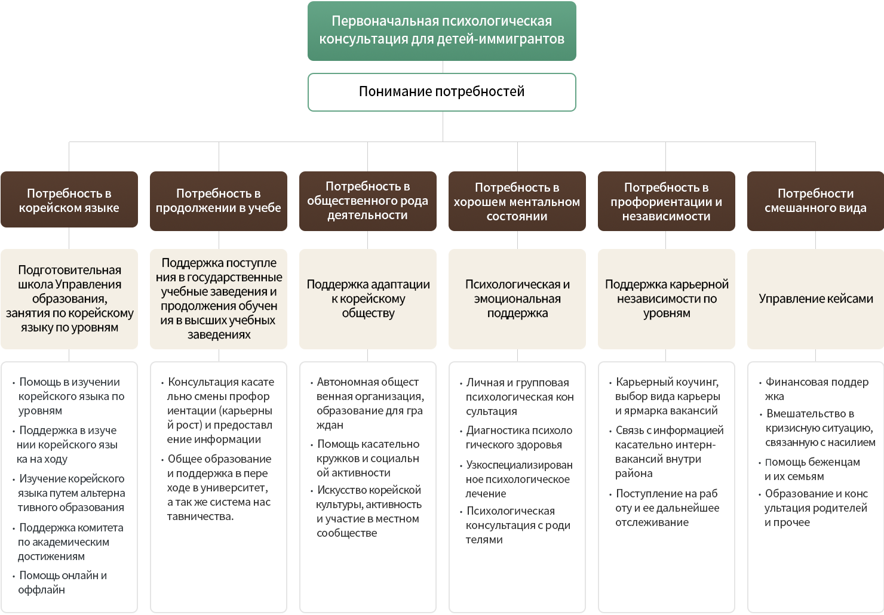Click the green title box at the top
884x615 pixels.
coord(441,30)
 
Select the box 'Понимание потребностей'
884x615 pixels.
coord(441,92)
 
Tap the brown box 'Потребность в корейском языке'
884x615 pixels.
coord(69,200)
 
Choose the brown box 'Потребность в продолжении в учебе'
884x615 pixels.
coord(219,201)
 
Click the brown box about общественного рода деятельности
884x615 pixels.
coord(368,201)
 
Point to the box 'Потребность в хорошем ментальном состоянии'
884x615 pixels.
coord(517,201)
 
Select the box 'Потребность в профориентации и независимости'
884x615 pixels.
coord(667,201)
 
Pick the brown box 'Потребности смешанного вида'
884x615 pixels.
coord(815,201)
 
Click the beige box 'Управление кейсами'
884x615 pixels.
coord(815,299)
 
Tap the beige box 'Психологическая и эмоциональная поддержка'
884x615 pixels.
coord(517,299)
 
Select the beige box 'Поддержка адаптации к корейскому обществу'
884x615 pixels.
coord(368,299)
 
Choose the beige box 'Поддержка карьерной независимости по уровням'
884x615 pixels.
coord(667,299)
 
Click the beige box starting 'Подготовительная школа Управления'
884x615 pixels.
coord(69,299)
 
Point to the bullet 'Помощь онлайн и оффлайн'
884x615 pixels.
coord(62,583)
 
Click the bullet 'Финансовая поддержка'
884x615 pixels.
coord(816,389)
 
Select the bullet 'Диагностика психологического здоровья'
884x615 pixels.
coord(518,438)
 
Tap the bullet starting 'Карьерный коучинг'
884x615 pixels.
coord(667,396)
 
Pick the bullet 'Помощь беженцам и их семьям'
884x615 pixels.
coord(812,469)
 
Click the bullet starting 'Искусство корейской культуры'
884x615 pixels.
coord(369,511)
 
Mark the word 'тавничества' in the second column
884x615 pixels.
coord(199,516)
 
